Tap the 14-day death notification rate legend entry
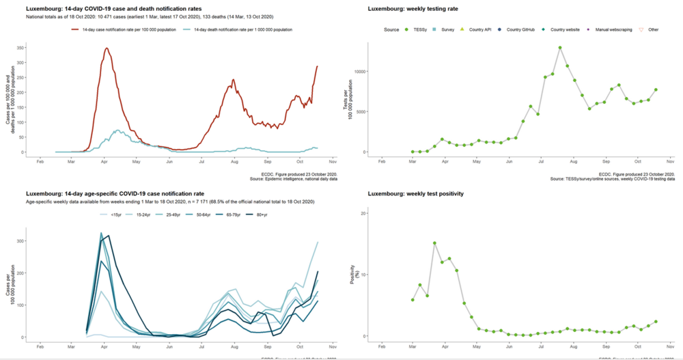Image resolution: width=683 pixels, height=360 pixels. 220,30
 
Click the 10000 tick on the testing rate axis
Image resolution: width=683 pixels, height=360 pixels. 359,71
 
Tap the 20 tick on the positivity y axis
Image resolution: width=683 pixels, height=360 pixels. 363,213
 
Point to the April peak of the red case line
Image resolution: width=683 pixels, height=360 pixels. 106,48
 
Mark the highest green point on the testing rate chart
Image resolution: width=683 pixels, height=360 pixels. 559,48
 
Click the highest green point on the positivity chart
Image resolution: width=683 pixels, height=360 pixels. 434,243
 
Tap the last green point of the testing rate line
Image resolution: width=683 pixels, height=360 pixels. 656,89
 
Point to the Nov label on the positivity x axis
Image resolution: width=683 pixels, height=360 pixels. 671,346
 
